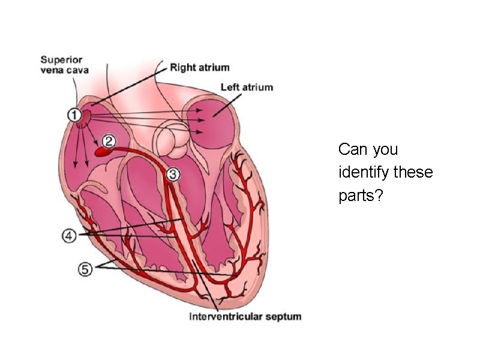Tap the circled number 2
109,142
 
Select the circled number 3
172,175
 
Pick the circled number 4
69,236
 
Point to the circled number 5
85,269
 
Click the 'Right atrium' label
199,68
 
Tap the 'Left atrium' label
247,87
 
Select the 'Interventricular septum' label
245,316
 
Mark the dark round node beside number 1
86,114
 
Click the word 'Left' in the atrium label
230,87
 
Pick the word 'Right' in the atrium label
183,68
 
